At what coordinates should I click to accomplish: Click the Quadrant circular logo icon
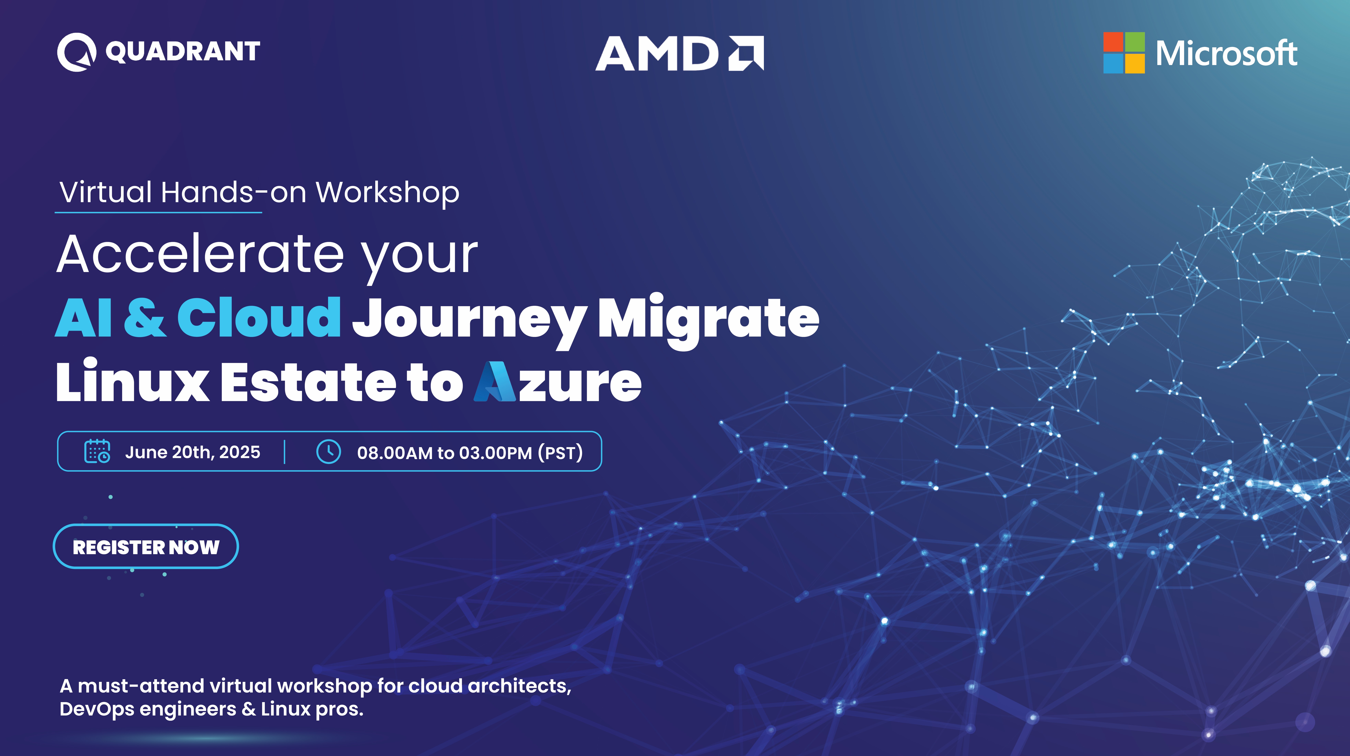pyautogui.click(x=77, y=52)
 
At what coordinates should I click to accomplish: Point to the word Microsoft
pyautogui.click(x=1226, y=54)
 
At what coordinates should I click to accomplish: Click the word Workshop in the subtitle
pyautogui.click(x=388, y=193)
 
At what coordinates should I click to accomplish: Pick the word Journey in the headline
pyautogui.click(x=469, y=321)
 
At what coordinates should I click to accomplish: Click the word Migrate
pyautogui.click(x=708, y=321)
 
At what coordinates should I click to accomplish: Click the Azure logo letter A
pyautogui.click(x=495, y=382)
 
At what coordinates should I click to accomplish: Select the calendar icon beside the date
pyautogui.click(x=97, y=451)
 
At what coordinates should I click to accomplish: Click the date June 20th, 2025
pyautogui.click(x=192, y=452)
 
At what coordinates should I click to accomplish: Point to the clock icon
pyautogui.click(x=329, y=451)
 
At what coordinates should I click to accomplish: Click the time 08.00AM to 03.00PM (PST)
pyautogui.click(x=470, y=452)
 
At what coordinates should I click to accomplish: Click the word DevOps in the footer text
pyautogui.click(x=97, y=709)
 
